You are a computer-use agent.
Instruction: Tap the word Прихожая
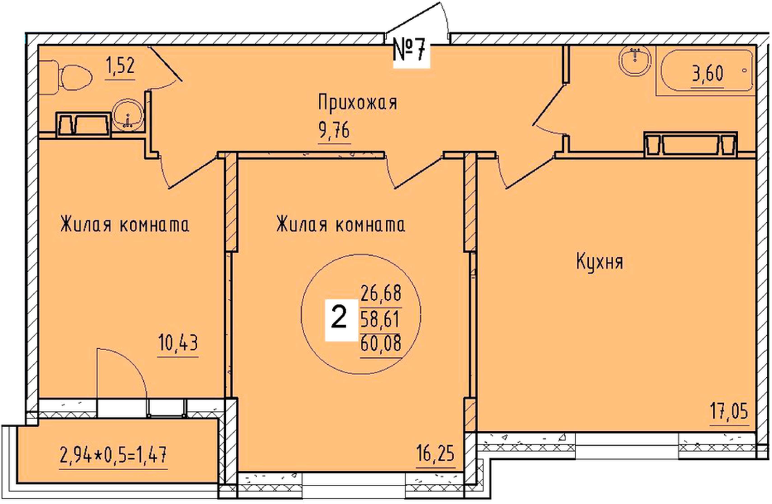click(x=357, y=103)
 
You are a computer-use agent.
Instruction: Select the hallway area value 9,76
click(x=334, y=131)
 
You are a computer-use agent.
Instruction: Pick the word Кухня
click(x=600, y=262)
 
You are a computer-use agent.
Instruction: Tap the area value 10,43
click(x=178, y=343)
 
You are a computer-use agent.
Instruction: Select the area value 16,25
click(x=436, y=453)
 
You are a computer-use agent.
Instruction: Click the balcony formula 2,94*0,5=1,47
click(x=113, y=455)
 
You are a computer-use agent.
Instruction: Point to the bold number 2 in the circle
click(x=339, y=319)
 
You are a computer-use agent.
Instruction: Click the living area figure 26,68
click(x=381, y=293)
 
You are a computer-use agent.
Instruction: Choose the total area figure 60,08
click(x=381, y=343)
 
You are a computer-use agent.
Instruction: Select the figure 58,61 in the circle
click(x=380, y=319)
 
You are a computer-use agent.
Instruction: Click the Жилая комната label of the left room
click(x=125, y=225)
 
